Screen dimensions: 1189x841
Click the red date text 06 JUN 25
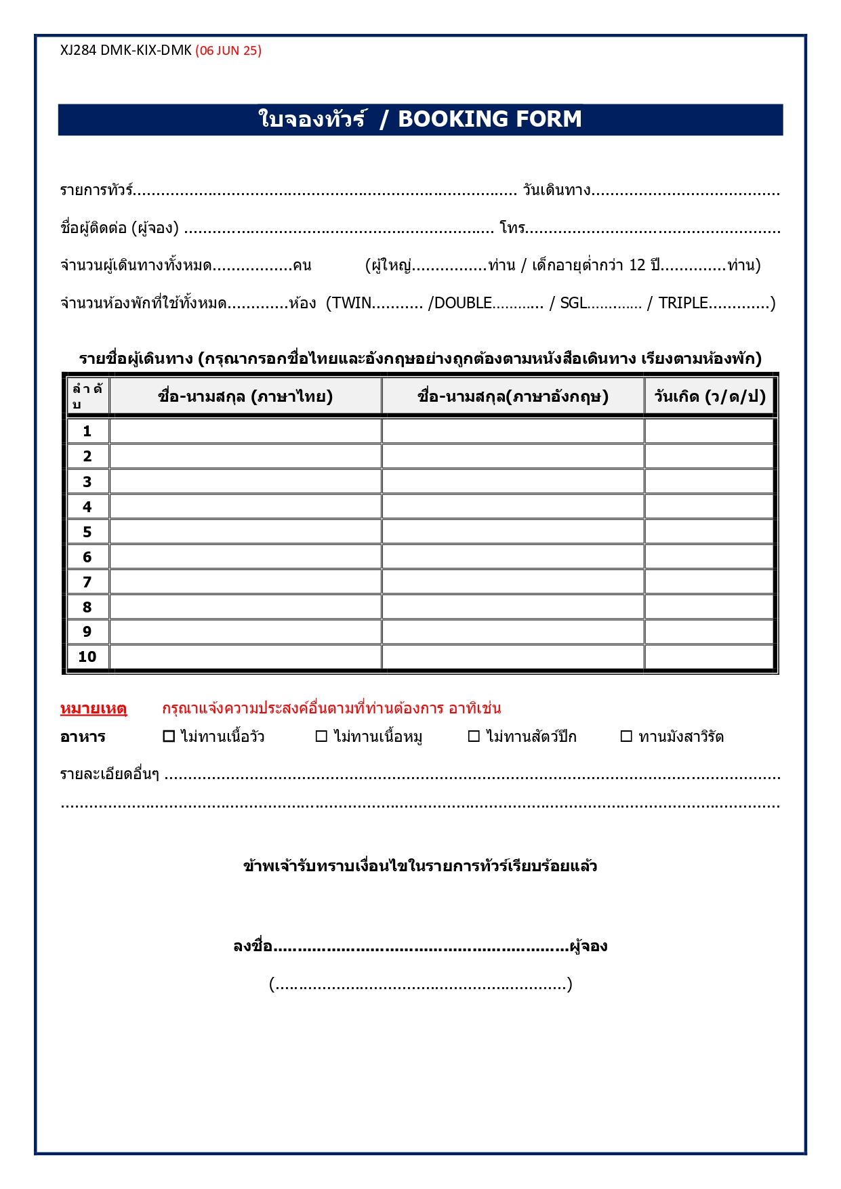(228, 51)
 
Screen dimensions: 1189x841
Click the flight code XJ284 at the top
(78, 51)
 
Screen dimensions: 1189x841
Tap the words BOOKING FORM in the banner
(489, 119)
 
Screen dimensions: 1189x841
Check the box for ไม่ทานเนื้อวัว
(169, 736)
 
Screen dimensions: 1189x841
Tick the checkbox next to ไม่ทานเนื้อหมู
(322, 736)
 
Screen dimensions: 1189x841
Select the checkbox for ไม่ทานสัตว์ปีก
(474, 736)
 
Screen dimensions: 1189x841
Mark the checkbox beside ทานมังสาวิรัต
(627, 736)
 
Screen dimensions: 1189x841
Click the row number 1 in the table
(87, 432)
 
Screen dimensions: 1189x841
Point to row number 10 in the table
(87, 657)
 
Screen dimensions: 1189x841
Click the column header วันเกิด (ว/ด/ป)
(710, 396)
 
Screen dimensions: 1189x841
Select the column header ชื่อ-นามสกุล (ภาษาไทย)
(245, 396)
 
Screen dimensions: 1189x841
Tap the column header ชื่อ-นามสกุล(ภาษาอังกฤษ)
(513, 396)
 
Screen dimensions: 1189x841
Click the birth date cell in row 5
(710, 532)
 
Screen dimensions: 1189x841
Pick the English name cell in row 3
(513, 482)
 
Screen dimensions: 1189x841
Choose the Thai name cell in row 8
(245, 607)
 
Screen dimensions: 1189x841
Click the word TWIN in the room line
(351, 303)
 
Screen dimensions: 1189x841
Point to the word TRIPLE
(683, 303)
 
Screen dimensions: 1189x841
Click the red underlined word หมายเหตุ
(94, 709)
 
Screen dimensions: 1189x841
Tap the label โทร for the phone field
(512, 228)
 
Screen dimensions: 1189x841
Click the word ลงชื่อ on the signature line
(253, 946)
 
